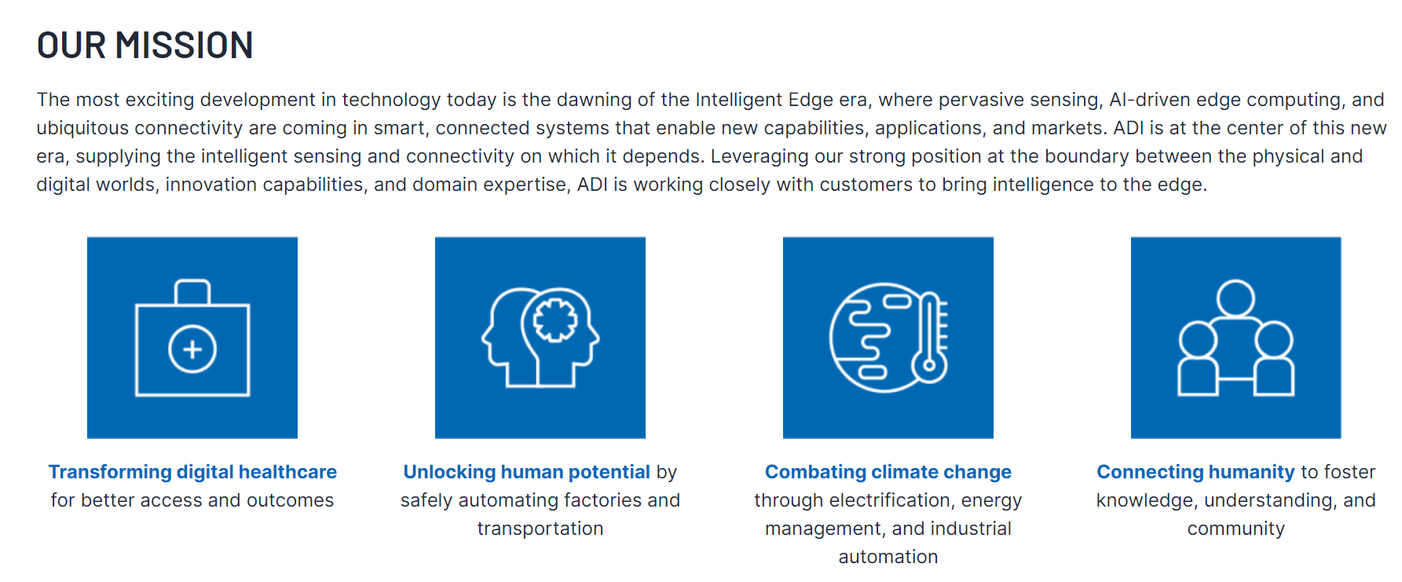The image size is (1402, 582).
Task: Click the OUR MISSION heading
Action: click(x=145, y=46)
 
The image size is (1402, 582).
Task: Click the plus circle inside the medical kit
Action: click(x=192, y=349)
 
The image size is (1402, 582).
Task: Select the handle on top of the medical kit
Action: click(x=192, y=291)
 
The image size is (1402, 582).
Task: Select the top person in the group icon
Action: click(x=1235, y=299)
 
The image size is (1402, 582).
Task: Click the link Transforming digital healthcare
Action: click(x=192, y=472)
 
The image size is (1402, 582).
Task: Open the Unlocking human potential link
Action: click(x=526, y=472)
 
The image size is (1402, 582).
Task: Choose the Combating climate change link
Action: click(x=888, y=472)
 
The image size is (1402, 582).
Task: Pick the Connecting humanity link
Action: click(x=1195, y=472)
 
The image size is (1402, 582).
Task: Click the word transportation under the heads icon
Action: click(x=540, y=529)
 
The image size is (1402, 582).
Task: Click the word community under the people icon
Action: click(x=1236, y=529)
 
